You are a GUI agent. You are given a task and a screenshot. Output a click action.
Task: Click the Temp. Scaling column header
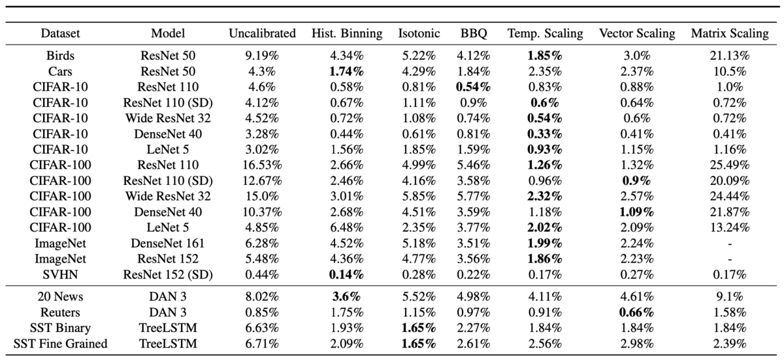pyautogui.click(x=546, y=33)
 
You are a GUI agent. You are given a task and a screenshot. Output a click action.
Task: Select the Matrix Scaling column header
pyautogui.click(x=730, y=33)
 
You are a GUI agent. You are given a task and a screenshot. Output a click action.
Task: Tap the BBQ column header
pyautogui.click(x=474, y=33)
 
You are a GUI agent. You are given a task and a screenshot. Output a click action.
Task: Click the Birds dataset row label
pyautogui.click(x=60, y=56)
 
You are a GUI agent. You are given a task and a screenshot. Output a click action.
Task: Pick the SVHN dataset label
pyautogui.click(x=60, y=274)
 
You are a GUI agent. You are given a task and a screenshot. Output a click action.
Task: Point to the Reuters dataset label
pyautogui.click(x=60, y=312)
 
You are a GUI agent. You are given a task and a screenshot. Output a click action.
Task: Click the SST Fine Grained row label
pyautogui.click(x=60, y=344)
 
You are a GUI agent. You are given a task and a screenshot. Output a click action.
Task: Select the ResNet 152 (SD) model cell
pyautogui.click(x=168, y=274)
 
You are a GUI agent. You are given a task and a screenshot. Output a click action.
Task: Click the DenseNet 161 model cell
pyautogui.click(x=168, y=244)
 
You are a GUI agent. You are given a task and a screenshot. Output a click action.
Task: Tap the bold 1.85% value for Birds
pyautogui.click(x=545, y=56)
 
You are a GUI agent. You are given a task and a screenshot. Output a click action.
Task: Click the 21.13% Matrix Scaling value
pyautogui.click(x=730, y=56)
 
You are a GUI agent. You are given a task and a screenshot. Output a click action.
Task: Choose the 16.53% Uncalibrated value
pyautogui.click(x=262, y=165)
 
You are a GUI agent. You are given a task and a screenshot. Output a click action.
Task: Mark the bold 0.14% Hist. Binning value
pyautogui.click(x=346, y=274)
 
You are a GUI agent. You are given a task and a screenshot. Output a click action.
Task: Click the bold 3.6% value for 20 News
pyautogui.click(x=346, y=297)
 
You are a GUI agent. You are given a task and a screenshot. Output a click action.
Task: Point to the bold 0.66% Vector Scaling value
pyautogui.click(x=636, y=312)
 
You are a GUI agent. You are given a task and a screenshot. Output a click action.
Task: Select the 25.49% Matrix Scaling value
pyautogui.click(x=730, y=165)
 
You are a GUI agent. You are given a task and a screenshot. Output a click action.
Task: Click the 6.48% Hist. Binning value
pyautogui.click(x=346, y=228)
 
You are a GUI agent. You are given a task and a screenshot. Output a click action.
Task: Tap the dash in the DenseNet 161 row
pyautogui.click(x=730, y=244)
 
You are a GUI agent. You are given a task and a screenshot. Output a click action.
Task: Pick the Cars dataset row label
pyautogui.click(x=60, y=71)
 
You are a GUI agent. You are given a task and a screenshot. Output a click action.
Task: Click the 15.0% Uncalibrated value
pyautogui.click(x=262, y=196)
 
